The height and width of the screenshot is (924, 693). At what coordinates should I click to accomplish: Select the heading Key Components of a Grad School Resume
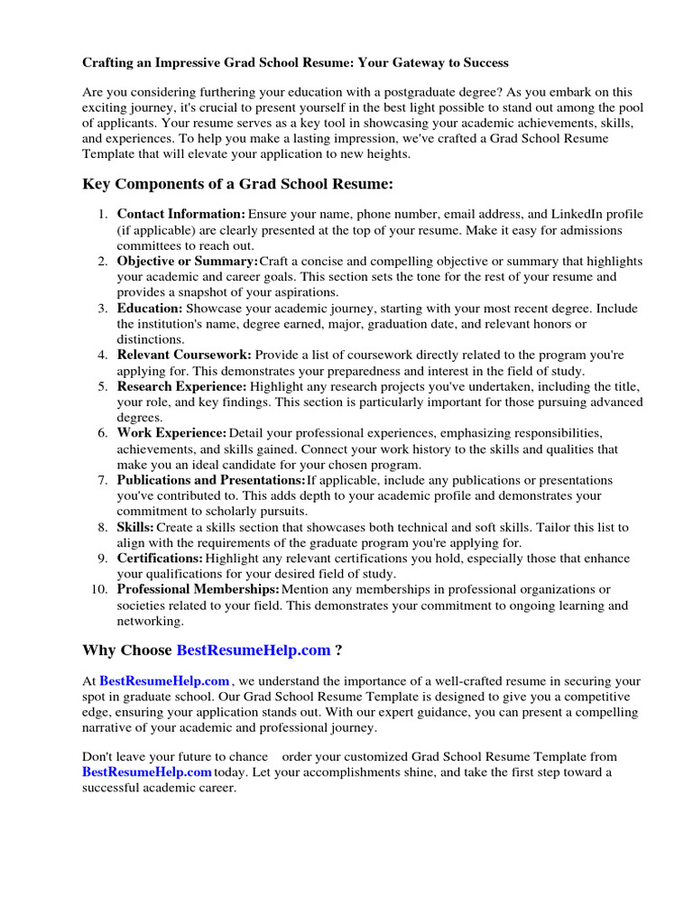point(238,184)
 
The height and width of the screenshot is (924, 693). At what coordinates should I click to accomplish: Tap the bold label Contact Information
point(180,214)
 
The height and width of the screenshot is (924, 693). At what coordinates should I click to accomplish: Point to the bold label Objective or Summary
point(187,261)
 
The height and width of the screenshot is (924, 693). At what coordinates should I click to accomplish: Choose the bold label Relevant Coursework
point(184,355)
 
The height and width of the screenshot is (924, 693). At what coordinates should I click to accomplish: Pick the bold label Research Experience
point(185,386)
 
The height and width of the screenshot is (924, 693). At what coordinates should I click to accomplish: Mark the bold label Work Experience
point(171,433)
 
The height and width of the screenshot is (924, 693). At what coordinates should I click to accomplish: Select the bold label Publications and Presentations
point(211,480)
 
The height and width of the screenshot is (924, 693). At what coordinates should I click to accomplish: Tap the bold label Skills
point(135,527)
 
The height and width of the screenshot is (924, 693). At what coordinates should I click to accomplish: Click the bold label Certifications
point(160,559)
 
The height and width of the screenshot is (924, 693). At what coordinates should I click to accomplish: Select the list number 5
point(103,386)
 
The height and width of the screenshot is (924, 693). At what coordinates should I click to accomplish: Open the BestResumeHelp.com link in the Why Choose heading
point(254,651)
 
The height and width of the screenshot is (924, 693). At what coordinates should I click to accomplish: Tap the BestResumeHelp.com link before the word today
point(147,772)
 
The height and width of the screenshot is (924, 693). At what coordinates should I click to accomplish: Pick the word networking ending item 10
point(150,621)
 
